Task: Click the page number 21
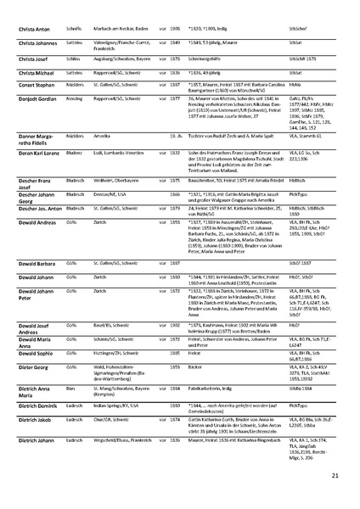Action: pyautogui.click(x=335, y=477)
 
